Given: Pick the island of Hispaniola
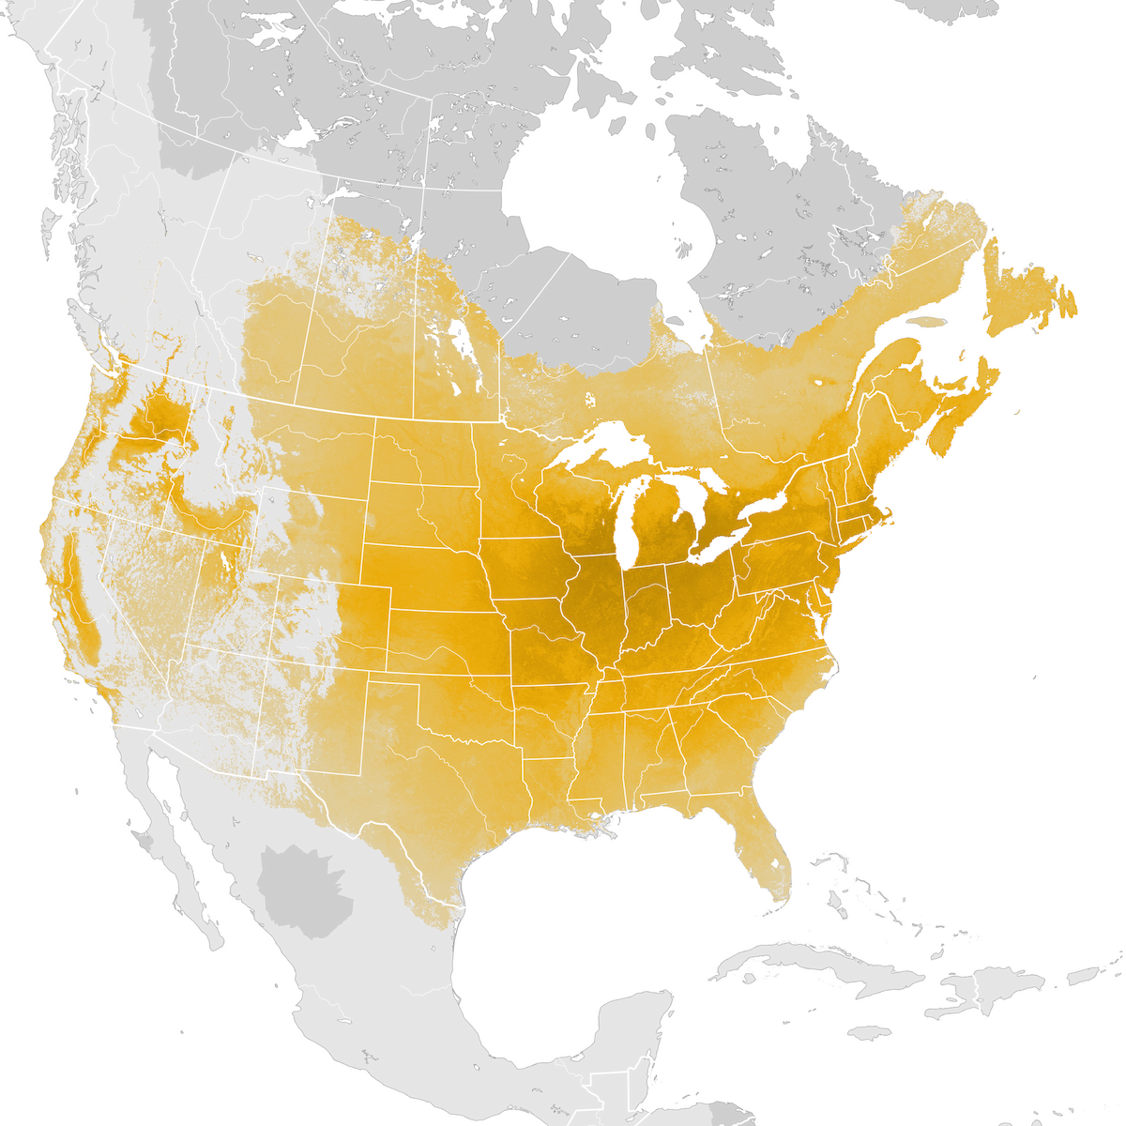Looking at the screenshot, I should point(995,990).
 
